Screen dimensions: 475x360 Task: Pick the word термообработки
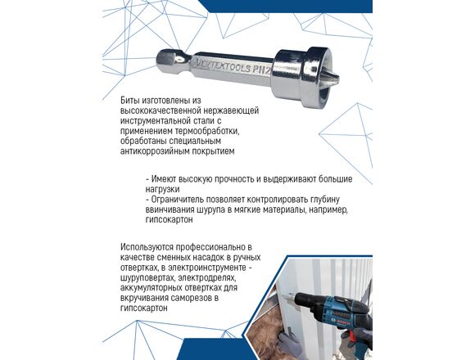click(210, 131)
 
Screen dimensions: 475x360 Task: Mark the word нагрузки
click(162, 190)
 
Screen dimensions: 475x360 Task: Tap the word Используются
click(147, 247)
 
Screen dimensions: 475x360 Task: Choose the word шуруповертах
click(147, 277)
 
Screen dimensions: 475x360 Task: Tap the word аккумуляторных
click(153, 288)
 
